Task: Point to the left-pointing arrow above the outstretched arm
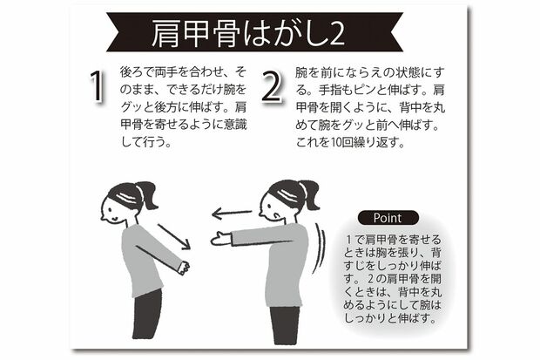(x=233, y=213)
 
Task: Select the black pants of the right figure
(x=285, y=323)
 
